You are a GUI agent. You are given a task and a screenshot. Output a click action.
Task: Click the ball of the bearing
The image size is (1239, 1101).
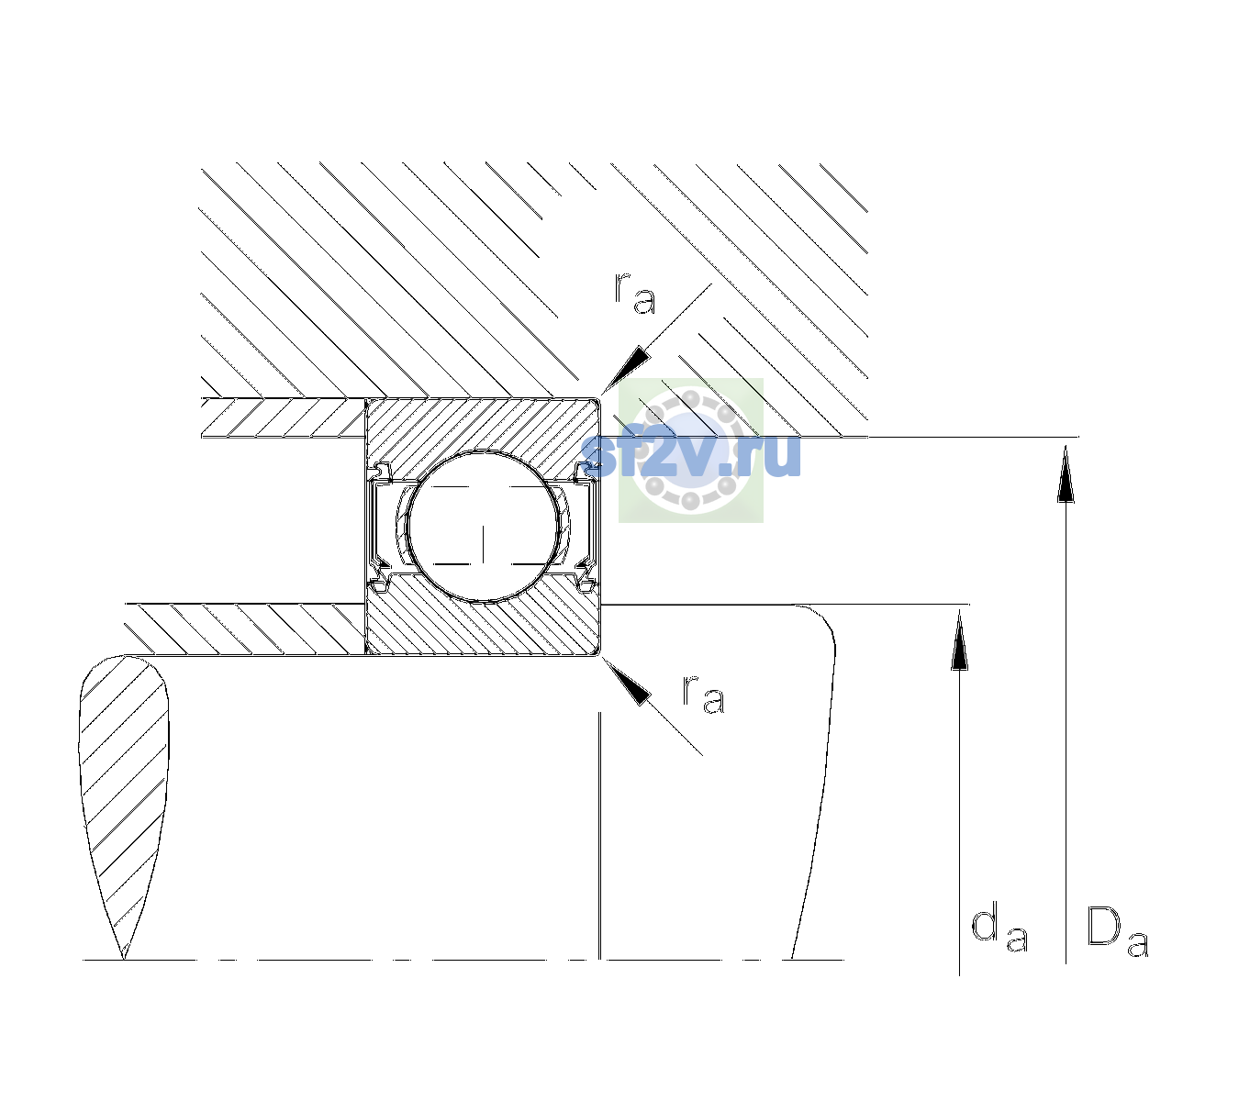coord(483,527)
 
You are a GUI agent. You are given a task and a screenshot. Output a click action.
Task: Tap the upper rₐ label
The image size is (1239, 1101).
coord(635,294)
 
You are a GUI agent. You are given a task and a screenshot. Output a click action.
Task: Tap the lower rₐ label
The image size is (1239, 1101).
coord(703,695)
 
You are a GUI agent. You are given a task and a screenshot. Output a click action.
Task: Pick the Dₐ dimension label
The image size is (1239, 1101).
coord(1118,931)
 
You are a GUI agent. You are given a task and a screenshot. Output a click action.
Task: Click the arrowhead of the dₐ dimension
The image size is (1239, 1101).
coord(959,639)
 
